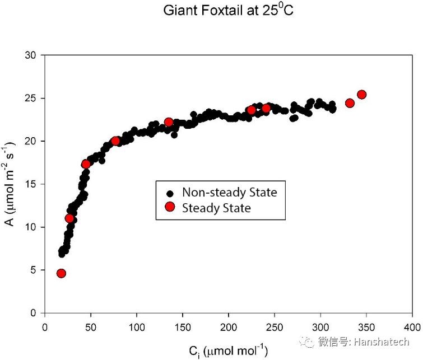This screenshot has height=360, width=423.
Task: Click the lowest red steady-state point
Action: (x=61, y=273)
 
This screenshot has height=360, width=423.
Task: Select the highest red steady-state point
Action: (x=361, y=95)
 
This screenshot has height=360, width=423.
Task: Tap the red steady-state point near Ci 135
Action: (x=169, y=122)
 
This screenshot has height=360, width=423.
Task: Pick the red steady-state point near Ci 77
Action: (x=115, y=141)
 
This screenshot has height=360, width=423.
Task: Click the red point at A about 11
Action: (x=69, y=218)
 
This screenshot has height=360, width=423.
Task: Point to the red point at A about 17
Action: (x=86, y=164)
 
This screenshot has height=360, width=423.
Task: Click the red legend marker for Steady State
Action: (x=170, y=208)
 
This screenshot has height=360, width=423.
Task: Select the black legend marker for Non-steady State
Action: (x=170, y=193)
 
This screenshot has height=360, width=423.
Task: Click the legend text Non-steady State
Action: (x=230, y=193)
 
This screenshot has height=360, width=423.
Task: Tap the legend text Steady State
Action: (x=216, y=208)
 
